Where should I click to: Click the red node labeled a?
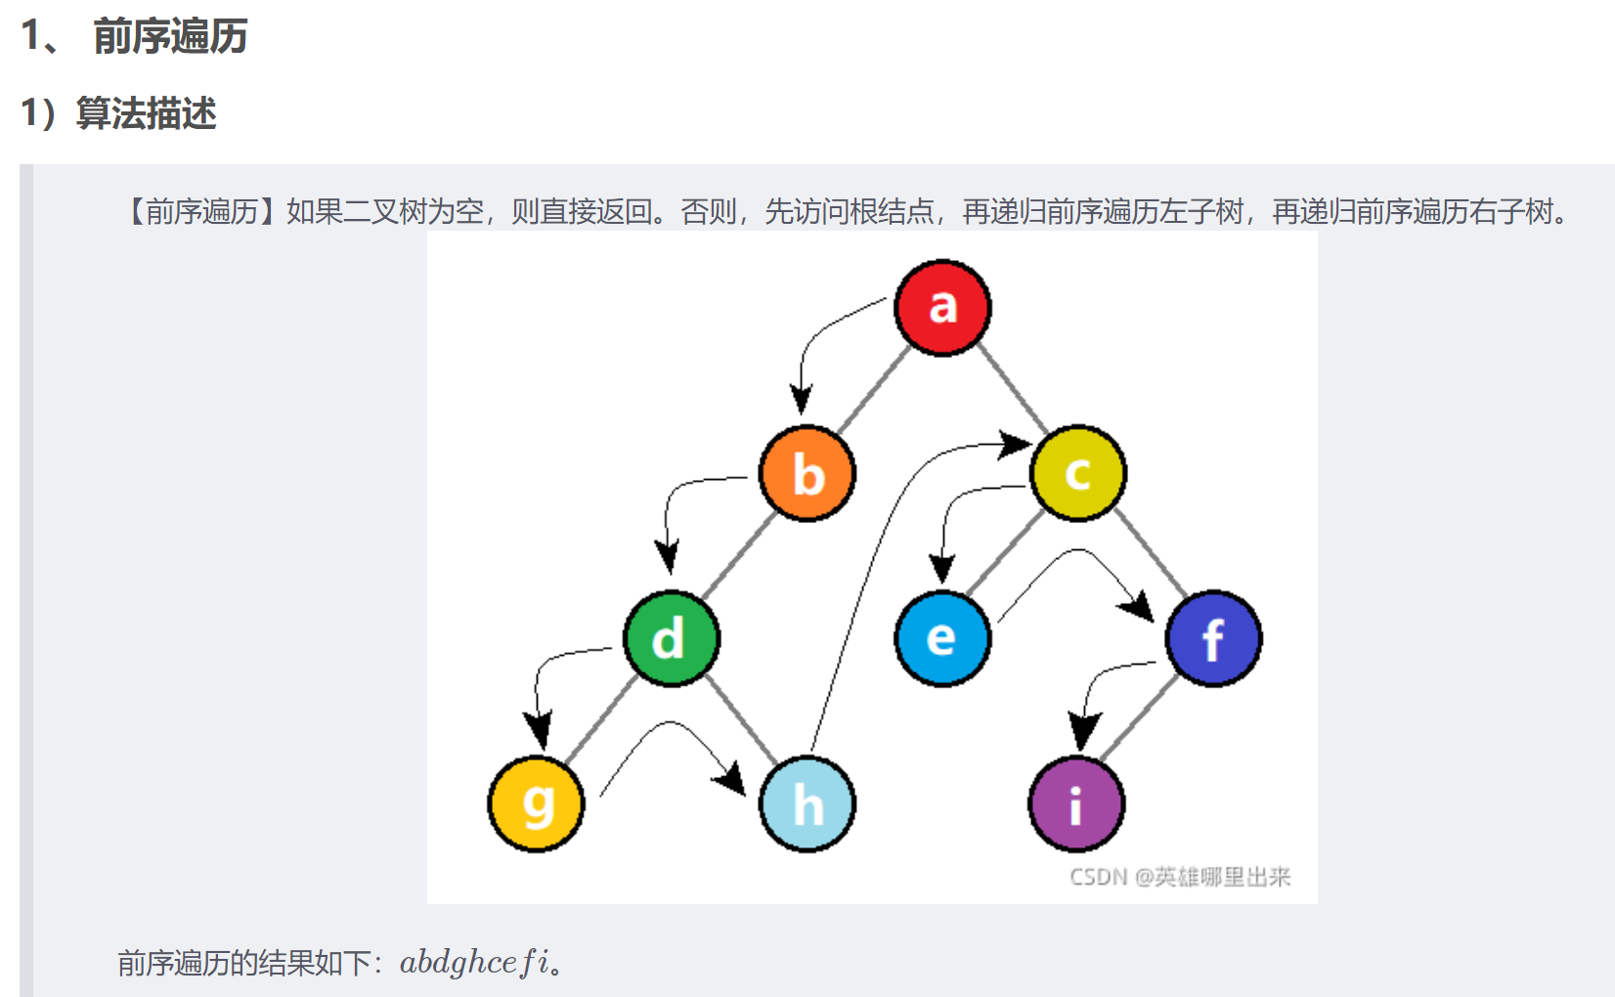coord(942,308)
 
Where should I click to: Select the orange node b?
coord(807,474)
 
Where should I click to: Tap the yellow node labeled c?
coord(1078,473)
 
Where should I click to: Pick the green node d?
coord(672,639)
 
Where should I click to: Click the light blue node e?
coord(942,638)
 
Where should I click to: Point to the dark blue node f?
coord(1213,638)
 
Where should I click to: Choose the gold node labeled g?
coord(537,803)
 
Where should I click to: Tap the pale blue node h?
coord(807,803)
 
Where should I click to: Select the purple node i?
coord(1077,803)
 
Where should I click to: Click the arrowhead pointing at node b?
coord(802,399)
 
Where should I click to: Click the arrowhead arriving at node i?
coord(1083,731)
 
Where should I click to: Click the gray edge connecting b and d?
coord(739,556)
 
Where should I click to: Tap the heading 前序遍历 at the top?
coord(170,36)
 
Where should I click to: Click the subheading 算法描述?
coord(146,113)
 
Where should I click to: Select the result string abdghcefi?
coord(473,963)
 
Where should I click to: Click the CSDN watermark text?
coord(1180,877)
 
